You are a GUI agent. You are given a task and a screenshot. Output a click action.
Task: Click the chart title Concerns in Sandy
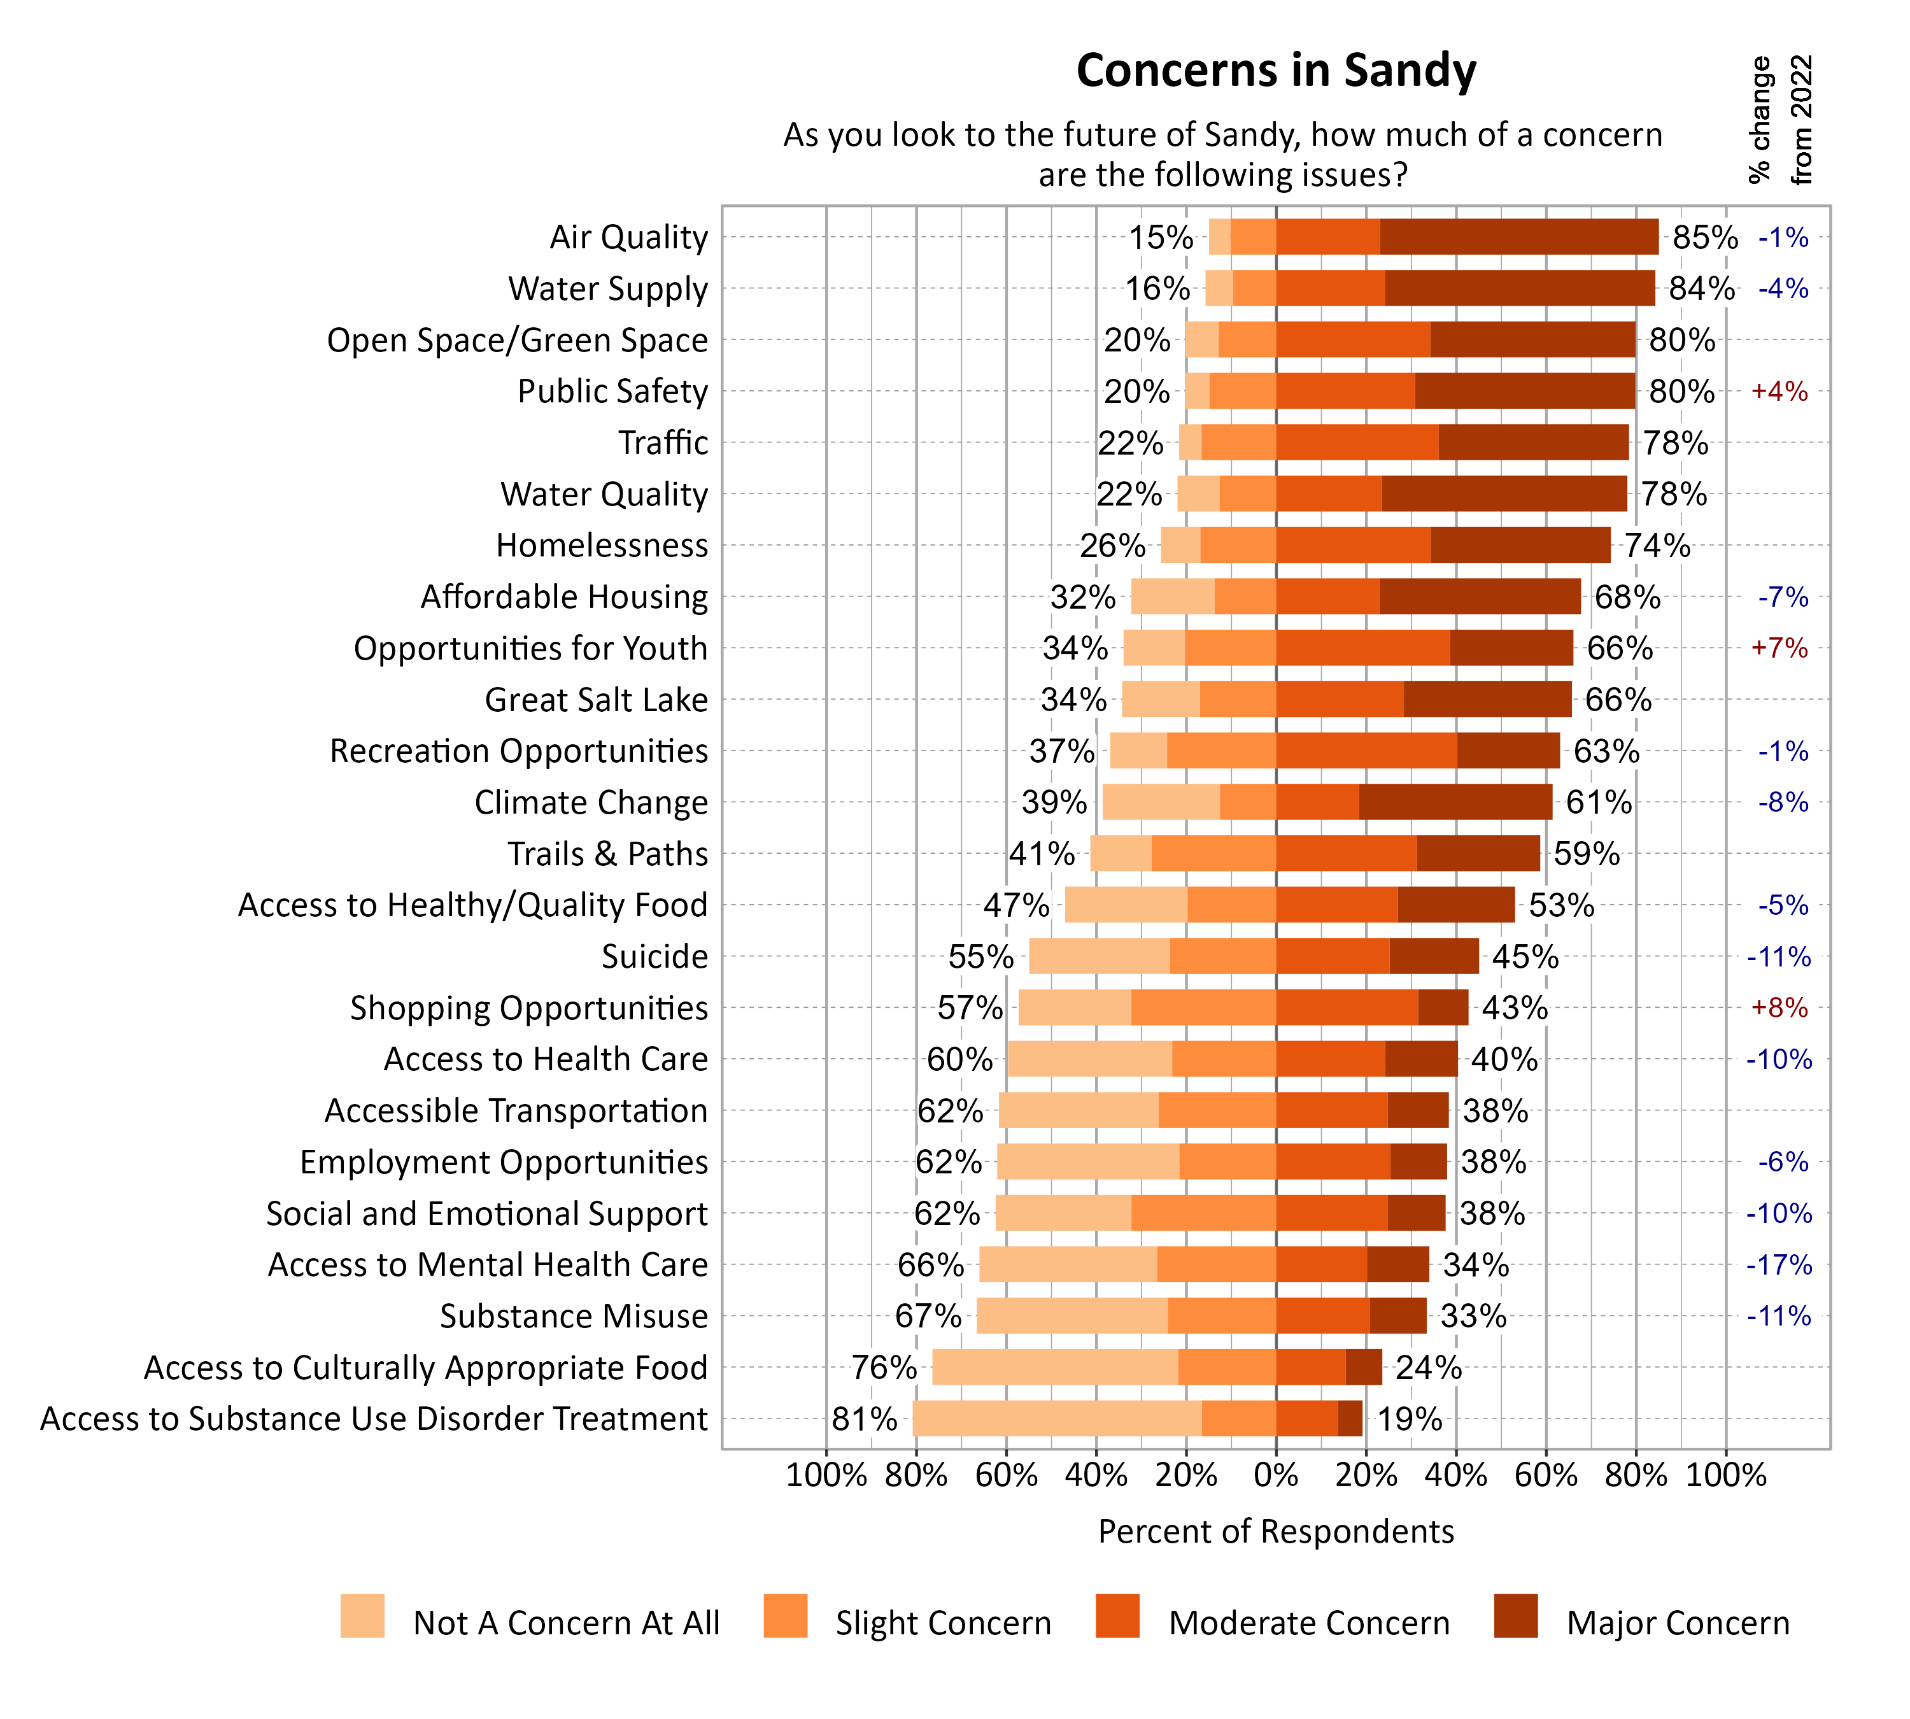[x=1275, y=71]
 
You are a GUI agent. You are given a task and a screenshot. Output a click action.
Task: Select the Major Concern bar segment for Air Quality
[x=1518, y=237]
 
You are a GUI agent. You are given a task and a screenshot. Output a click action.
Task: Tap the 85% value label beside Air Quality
[x=1704, y=237]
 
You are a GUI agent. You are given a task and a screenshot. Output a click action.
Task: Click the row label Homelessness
[x=602, y=545]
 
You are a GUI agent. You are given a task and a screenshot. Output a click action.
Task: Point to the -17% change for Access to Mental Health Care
[x=1779, y=1264]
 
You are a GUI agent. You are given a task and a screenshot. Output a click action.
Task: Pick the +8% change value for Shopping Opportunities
[x=1779, y=1008]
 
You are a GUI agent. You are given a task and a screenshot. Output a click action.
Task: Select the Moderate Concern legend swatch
[x=1117, y=1616]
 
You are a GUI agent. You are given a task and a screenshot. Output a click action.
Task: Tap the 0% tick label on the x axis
[x=1275, y=1475]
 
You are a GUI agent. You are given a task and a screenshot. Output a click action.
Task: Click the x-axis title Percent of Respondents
[x=1275, y=1532]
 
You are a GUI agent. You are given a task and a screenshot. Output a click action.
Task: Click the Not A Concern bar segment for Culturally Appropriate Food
[x=1054, y=1368]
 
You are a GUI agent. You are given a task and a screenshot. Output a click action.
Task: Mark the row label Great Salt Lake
[x=596, y=700]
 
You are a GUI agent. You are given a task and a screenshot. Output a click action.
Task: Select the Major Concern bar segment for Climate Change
[x=1455, y=802]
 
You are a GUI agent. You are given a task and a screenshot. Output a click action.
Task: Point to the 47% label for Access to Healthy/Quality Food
[x=1015, y=905]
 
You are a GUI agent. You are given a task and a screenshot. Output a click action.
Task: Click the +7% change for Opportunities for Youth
[x=1779, y=648]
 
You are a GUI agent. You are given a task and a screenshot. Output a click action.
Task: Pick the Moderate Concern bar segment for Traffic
[x=1357, y=443]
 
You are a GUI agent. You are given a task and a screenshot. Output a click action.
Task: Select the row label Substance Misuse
[x=574, y=1316]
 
